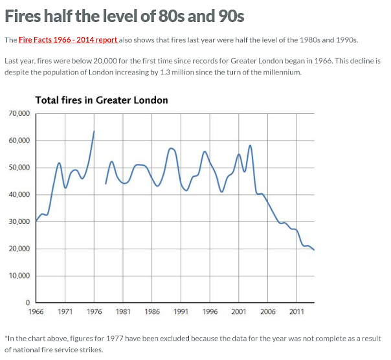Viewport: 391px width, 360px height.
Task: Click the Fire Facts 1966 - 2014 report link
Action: coord(68,40)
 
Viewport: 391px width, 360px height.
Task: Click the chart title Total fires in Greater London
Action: coord(101,100)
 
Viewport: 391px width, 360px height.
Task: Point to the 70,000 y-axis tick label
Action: coord(19,114)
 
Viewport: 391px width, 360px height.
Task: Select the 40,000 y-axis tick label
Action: coord(19,195)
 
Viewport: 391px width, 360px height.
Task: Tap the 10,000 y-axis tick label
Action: coord(19,276)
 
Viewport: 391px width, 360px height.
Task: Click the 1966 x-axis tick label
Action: coord(36,311)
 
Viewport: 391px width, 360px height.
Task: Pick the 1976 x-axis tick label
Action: coord(94,311)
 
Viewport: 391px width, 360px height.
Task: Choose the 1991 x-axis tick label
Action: coord(181,311)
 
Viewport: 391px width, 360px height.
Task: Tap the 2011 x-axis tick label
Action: coord(296,311)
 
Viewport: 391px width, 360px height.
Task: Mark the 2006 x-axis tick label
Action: coord(267,311)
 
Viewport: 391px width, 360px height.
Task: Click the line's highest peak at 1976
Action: coord(94,131)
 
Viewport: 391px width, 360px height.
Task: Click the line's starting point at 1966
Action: coord(36,221)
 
